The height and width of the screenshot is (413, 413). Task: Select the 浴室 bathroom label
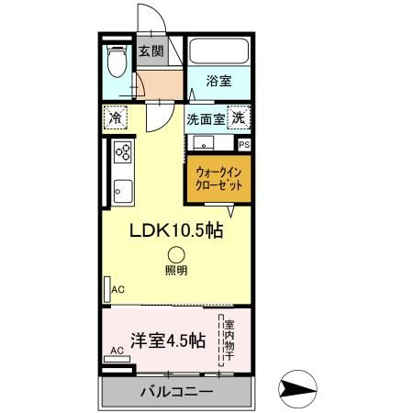218,81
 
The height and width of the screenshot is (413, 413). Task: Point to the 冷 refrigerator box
116,118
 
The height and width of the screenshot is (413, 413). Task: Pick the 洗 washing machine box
239,117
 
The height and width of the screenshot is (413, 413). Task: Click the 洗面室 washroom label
205,118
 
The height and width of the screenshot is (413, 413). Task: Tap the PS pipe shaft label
244,144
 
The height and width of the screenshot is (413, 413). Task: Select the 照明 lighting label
175,271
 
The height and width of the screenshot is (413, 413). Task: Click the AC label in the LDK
117,290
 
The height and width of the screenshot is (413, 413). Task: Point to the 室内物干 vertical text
230,341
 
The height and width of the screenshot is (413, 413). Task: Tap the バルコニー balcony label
176,392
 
